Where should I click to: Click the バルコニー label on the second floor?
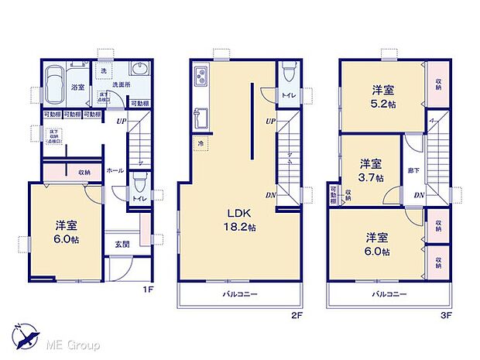pos(242,294)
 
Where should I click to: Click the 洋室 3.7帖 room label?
pos(370,170)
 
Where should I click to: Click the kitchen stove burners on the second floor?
pos(200,77)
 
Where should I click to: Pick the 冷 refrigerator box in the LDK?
pos(201,143)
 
